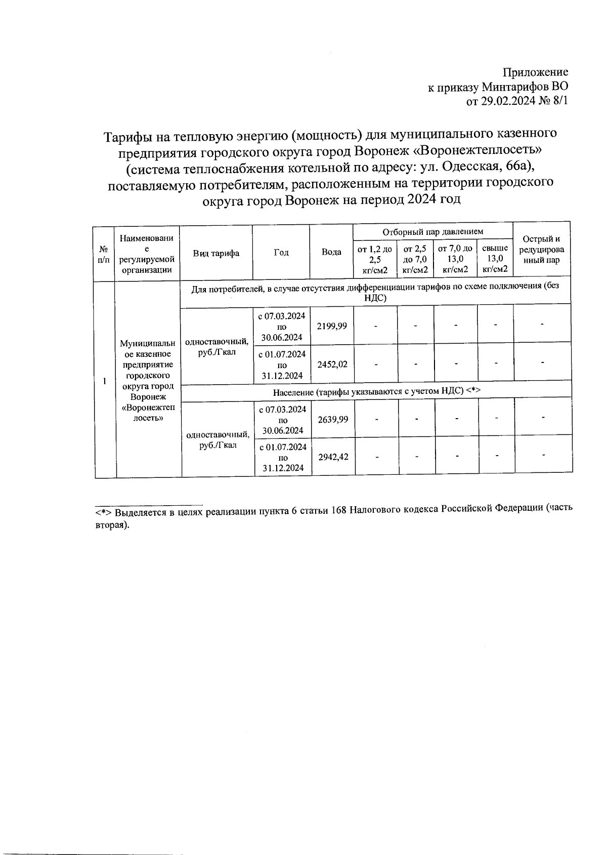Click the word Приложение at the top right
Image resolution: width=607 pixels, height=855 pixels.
click(536, 72)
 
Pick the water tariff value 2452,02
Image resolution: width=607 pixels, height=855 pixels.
click(332, 364)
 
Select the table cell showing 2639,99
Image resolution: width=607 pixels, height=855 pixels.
click(333, 420)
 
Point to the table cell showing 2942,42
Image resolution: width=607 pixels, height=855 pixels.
click(333, 457)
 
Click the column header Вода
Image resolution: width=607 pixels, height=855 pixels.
click(331, 253)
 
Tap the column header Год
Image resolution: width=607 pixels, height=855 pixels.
click(281, 253)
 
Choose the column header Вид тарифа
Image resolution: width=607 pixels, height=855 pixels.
click(216, 253)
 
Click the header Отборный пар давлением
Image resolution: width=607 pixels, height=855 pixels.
click(433, 232)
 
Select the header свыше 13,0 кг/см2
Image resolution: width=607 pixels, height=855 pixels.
click(495, 259)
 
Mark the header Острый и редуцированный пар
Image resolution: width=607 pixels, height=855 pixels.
click(541, 250)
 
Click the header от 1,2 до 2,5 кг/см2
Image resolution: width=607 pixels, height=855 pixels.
click(375, 259)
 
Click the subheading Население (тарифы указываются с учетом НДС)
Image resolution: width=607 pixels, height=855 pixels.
click(376, 392)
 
